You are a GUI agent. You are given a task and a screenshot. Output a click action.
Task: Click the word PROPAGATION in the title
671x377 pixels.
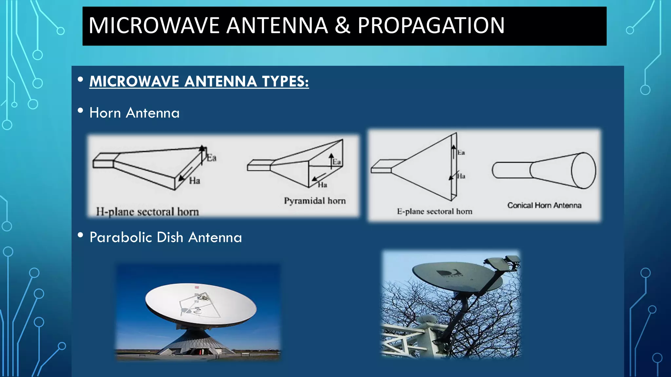[x=431, y=26]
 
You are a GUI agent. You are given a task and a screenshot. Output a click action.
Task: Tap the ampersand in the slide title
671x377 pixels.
[x=342, y=26]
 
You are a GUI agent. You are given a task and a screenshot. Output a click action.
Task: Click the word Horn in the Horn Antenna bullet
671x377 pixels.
[x=105, y=113]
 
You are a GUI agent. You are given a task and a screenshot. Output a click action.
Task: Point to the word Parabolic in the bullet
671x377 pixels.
[x=120, y=237]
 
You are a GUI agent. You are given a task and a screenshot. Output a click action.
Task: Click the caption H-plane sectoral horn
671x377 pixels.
[x=147, y=212]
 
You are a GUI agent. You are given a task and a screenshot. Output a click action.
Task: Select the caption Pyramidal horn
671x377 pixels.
[x=315, y=201]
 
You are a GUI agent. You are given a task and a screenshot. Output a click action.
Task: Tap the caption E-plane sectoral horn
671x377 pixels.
[x=434, y=211]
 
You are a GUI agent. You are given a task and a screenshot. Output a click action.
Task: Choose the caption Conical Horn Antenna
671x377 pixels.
[x=544, y=205]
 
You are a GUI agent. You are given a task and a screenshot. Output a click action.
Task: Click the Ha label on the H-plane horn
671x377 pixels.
[x=194, y=180]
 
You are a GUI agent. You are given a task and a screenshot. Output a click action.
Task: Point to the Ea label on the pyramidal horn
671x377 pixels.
[x=337, y=162]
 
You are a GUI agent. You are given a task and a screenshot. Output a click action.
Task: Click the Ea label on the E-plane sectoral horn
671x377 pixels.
[x=461, y=153]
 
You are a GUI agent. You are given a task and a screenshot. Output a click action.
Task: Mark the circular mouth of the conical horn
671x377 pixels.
[x=584, y=171]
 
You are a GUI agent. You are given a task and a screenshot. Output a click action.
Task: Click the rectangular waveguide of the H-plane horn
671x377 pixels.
[x=103, y=161]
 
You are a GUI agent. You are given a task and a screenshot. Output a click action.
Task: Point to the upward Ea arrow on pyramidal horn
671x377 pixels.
[x=331, y=160]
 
